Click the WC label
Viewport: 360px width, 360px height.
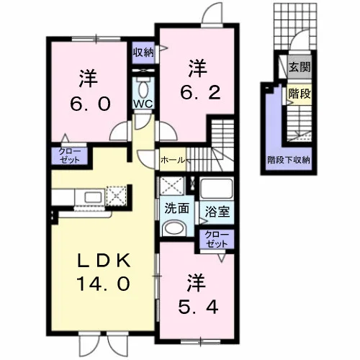click(143, 104)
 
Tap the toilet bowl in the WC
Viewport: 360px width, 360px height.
click(143, 89)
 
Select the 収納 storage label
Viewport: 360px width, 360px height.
click(143, 53)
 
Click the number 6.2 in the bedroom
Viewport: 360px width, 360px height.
click(200, 94)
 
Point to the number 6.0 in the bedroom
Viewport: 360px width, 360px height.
click(90, 104)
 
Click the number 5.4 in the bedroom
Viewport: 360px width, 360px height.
click(198, 307)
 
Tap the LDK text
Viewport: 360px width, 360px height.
click(104, 261)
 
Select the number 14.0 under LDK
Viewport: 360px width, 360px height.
click(104, 284)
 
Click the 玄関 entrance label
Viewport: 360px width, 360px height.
click(300, 67)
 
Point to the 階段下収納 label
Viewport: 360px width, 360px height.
click(289, 160)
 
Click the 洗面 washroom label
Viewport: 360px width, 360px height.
click(176, 208)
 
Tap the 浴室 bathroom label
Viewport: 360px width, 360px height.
click(217, 212)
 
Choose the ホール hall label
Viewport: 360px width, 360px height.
click(173, 160)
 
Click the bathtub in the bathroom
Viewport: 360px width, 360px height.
click(217, 188)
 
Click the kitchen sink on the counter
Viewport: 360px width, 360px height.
click(93, 198)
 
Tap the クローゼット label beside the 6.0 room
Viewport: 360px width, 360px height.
click(70, 156)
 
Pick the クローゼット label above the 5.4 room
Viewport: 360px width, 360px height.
click(216, 239)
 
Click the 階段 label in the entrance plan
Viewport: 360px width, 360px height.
click(300, 94)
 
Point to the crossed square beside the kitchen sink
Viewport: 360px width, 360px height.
click(117, 196)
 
